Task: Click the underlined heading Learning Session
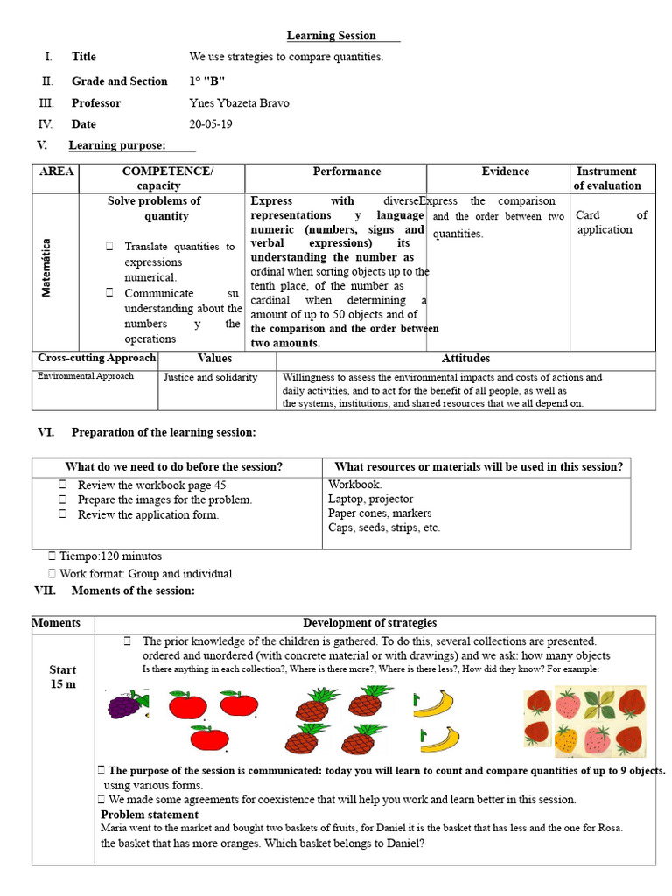tap(332, 36)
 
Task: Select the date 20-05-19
tap(211, 124)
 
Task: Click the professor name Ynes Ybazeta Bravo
tap(239, 103)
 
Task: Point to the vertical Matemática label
tap(46, 268)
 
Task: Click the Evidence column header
tap(505, 171)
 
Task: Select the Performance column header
tap(346, 171)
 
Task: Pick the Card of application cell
tap(611, 222)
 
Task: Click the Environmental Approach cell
tap(86, 376)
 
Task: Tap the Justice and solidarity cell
tap(211, 377)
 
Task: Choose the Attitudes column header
tap(465, 359)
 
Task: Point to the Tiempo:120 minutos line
tap(110, 556)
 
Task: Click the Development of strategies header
tap(369, 623)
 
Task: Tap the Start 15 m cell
tap(63, 676)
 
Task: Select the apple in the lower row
tap(209, 739)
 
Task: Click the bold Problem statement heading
tap(150, 815)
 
